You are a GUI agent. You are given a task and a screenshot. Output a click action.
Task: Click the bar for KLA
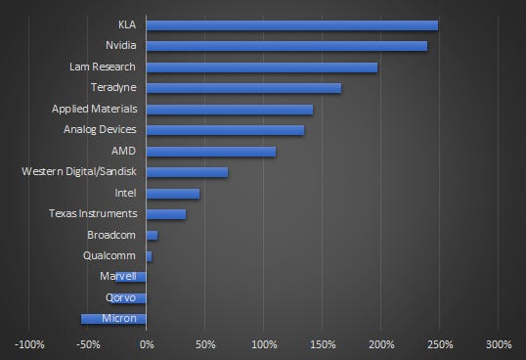pos(291,24)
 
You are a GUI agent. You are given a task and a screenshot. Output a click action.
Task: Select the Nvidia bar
pos(286,46)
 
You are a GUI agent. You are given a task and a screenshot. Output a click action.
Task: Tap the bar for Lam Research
pos(261,67)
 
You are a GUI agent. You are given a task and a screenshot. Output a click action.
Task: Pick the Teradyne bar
pos(243,88)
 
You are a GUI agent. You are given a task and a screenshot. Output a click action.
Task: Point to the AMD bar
pos(210,152)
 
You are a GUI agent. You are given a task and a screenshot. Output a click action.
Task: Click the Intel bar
pos(172,194)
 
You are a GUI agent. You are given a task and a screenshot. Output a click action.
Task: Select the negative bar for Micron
pos(113,319)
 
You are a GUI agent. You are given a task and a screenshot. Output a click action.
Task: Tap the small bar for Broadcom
pos(152,236)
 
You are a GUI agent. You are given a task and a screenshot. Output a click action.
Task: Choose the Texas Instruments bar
pos(165,214)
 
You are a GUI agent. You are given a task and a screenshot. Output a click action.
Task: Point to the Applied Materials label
pos(94,109)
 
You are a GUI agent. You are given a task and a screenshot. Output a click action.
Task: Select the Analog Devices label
pos(100,130)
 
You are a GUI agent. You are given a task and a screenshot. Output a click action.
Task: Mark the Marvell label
pos(119,277)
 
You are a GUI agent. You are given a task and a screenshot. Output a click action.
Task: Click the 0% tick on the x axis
pos(147,344)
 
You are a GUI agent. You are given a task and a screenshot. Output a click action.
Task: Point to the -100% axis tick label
pos(29,344)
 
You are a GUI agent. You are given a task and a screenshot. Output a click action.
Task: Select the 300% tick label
pos(498,344)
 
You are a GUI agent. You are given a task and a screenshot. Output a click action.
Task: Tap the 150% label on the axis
pos(323,344)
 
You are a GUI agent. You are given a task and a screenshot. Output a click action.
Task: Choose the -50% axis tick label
pos(88,344)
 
